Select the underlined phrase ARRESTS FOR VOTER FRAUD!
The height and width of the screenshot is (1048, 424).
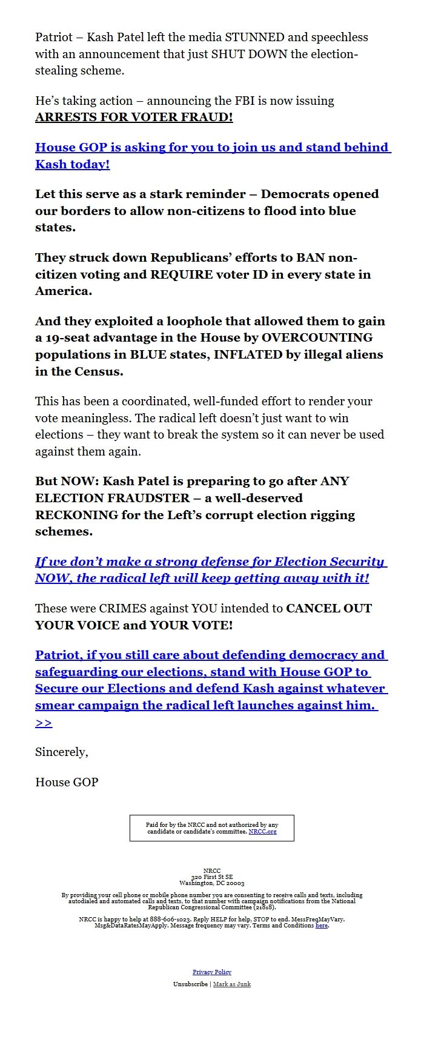[134, 117]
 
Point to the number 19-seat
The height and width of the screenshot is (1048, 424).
[68, 337]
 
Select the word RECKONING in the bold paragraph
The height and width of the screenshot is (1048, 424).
[76, 515]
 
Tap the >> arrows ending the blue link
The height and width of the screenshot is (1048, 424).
[44, 723]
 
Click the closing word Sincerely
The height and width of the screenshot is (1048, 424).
[61, 752]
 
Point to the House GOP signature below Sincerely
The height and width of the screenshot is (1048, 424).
[67, 782]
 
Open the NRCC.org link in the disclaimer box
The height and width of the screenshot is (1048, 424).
[262, 832]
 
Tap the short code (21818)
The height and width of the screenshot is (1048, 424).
[263, 907]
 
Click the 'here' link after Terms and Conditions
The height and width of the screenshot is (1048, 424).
[321, 926]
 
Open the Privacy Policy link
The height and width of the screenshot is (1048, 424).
[212, 972]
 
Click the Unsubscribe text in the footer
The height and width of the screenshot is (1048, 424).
[190, 984]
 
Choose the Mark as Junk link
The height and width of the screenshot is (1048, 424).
[232, 984]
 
